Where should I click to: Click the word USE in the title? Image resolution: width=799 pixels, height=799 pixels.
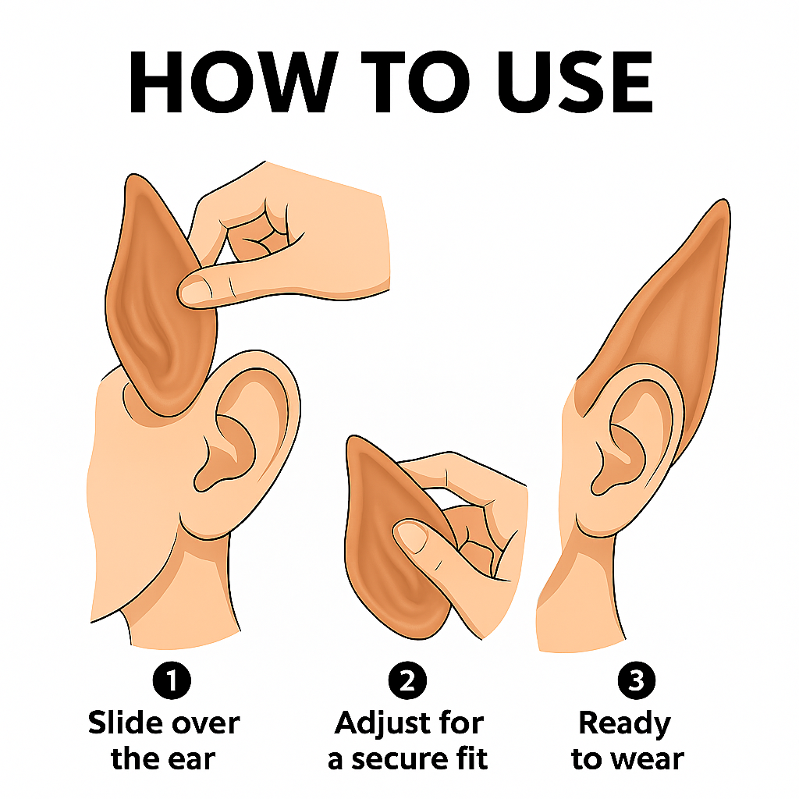tap(575, 81)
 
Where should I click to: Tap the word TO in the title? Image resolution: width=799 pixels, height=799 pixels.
tap(416, 81)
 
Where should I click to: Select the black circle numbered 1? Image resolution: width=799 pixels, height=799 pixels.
tap(172, 680)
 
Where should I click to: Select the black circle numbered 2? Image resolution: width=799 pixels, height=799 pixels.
tap(407, 680)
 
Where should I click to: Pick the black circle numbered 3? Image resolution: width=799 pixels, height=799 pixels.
tap(637, 680)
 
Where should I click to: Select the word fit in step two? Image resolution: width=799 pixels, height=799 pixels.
tap(472, 758)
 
